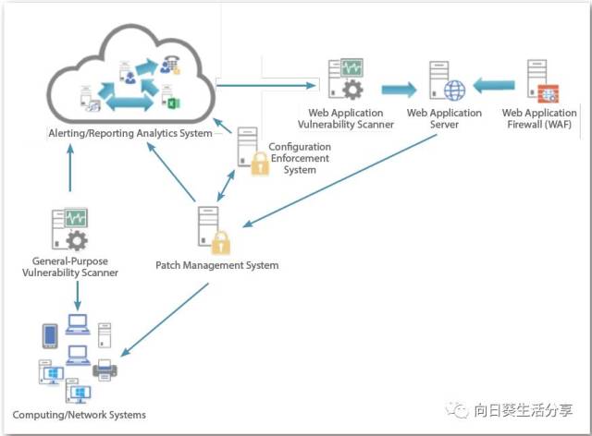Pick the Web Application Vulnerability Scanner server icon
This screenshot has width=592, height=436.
[345, 79]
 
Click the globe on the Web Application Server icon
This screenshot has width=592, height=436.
[454, 91]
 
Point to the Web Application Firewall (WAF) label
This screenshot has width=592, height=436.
[538, 119]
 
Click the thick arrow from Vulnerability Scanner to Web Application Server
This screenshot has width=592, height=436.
[400, 89]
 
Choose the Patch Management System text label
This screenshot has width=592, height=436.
[216, 265]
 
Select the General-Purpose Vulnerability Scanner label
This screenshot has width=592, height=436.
[69, 268]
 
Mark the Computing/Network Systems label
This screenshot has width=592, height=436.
[80, 415]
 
